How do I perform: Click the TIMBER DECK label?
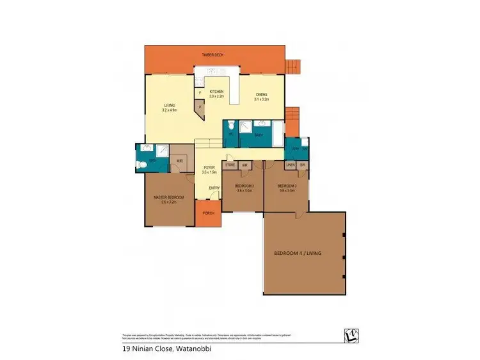[214, 56]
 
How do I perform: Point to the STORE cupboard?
[230, 165]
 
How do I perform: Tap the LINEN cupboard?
[291, 165]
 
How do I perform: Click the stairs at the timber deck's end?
[292, 65]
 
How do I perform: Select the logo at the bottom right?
[349, 336]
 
